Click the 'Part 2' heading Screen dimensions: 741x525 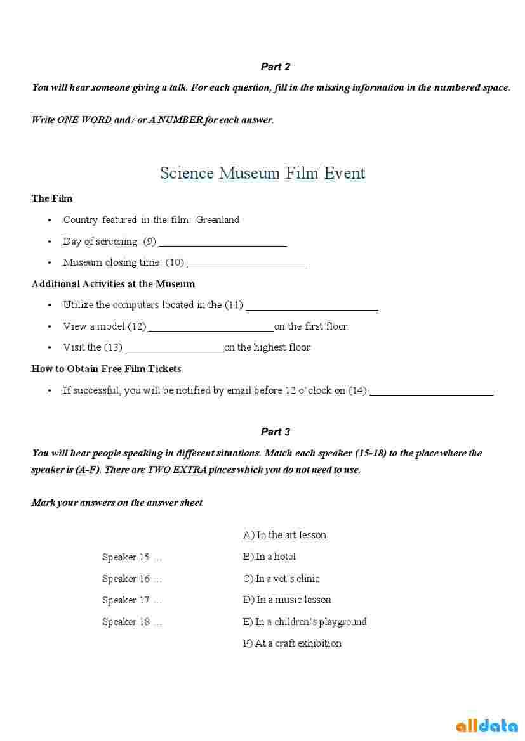(275, 67)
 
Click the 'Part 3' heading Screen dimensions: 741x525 (275, 432)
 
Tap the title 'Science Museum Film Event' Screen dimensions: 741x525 (262, 173)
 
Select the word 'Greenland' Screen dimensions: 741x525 (218, 220)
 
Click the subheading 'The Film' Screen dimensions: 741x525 (52, 198)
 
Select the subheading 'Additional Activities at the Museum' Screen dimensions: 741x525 (113, 284)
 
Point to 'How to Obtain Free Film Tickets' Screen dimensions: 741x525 (106, 369)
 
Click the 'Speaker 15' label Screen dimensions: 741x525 (126, 557)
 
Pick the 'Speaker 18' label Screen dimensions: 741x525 (126, 622)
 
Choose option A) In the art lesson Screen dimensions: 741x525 (284, 535)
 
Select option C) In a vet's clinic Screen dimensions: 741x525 (281, 579)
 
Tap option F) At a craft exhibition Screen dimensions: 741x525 (292, 643)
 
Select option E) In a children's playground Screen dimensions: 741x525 (305, 622)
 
